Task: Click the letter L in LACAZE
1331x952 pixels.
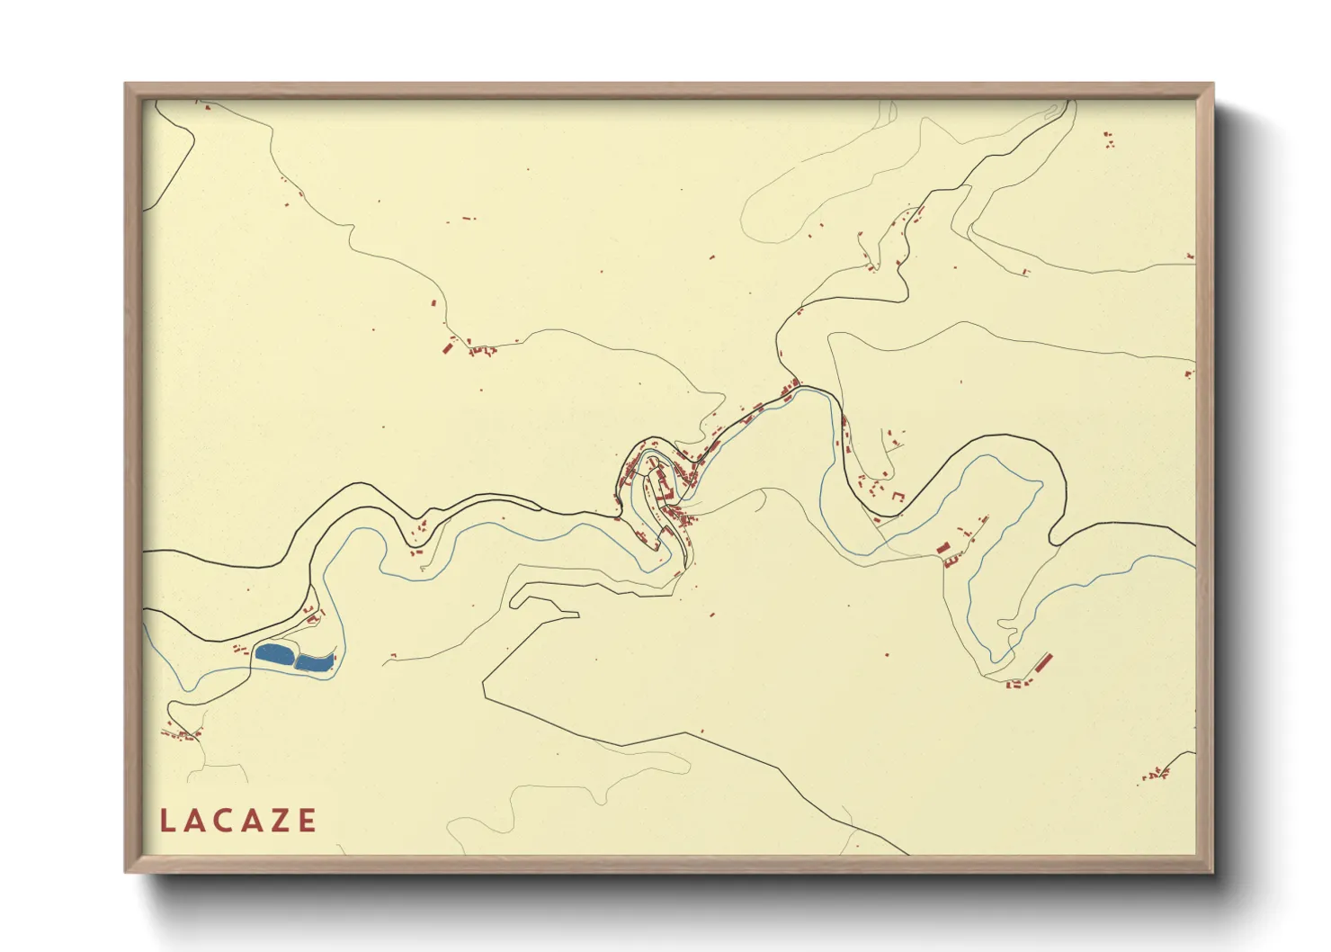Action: pos(166,821)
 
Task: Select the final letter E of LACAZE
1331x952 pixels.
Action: pos(308,821)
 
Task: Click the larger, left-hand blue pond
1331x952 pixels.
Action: pos(274,653)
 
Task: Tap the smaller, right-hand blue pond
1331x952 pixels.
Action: pos(314,662)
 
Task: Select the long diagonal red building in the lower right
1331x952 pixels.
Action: pos(1043,664)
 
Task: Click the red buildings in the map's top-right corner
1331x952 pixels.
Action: pos(1109,139)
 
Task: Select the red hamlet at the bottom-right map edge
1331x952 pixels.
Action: pos(1156,774)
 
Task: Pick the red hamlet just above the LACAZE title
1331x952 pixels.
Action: pos(182,734)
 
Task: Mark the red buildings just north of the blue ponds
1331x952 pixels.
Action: pos(313,616)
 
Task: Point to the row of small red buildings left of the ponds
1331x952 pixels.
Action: pos(240,648)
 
